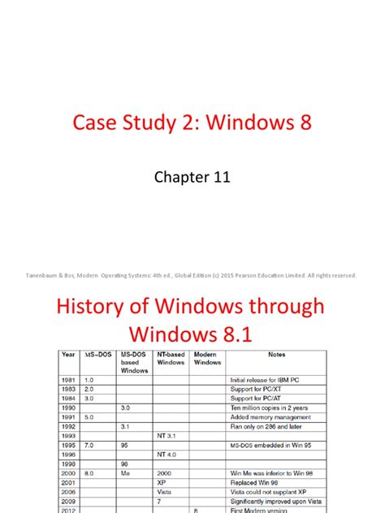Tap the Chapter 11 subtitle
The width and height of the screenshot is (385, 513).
(x=192, y=178)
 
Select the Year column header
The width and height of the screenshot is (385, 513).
(x=69, y=354)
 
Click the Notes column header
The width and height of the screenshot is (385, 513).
(x=276, y=354)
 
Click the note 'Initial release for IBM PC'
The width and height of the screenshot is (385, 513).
(x=265, y=380)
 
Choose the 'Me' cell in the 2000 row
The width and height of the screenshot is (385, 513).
(x=125, y=472)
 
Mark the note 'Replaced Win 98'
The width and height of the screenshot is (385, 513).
(x=254, y=481)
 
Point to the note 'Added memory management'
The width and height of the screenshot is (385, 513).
(x=266, y=417)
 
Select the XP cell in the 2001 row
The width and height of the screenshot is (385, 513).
(x=162, y=481)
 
